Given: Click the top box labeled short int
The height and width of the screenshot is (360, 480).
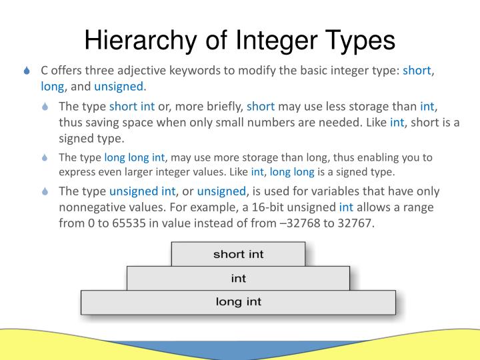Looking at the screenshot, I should [x=238, y=254].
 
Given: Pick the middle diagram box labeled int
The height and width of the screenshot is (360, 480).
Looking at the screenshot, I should [x=238, y=278].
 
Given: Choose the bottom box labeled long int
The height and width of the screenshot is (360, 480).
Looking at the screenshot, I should [x=238, y=301].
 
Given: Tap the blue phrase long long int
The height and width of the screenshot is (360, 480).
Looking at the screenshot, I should [x=134, y=157].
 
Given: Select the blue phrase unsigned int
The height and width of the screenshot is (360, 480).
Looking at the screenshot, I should [x=142, y=191].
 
